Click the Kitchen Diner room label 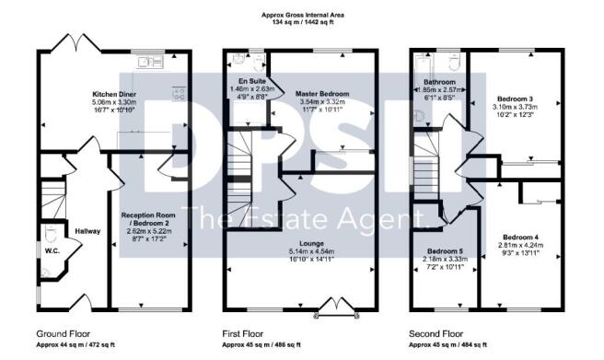pyautogui.click(x=113, y=94)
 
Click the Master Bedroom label pyautogui.click(x=319, y=94)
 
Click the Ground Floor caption pyautogui.click(x=63, y=332)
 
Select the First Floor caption pyautogui.click(x=241, y=332)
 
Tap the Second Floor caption pyautogui.click(x=435, y=332)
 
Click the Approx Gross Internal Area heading pyautogui.click(x=302, y=14)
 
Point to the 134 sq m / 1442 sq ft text pyautogui.click(x=302, y=21)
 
